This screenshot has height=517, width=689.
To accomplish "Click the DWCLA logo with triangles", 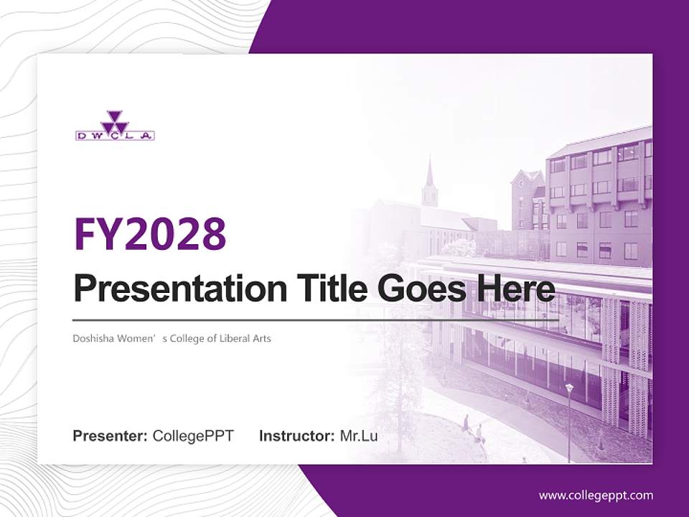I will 115,126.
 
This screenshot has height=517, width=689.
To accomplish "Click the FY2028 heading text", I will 150,233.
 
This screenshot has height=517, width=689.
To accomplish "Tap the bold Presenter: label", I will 111,436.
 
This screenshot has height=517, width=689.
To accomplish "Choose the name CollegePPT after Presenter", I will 193,436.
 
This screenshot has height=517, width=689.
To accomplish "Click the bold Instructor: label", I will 297,436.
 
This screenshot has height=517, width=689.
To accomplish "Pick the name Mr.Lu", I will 359,436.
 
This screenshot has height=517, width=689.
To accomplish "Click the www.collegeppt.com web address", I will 596,495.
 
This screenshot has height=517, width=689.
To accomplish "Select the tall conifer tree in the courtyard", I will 396,388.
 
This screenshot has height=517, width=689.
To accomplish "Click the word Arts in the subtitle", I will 261,337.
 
